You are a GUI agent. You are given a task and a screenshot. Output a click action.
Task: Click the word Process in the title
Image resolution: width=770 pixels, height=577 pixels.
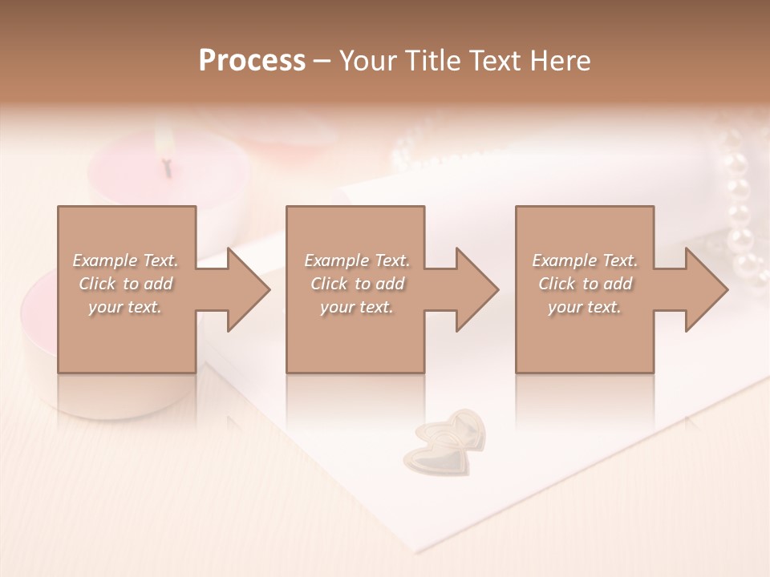tap(252, 60)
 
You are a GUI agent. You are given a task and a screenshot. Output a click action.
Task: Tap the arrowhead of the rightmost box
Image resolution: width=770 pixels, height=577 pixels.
tap(705, 289)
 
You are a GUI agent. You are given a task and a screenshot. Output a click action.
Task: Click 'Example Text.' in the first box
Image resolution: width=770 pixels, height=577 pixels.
tap(125, 260)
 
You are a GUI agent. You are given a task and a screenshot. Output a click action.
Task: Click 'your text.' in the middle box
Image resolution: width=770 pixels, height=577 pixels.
tap(356, 307)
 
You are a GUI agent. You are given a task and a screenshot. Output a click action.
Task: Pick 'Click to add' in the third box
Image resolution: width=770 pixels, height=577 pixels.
tap(585, 284)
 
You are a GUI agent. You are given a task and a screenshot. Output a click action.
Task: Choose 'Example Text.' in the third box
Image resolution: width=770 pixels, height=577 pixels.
tap(585, 260)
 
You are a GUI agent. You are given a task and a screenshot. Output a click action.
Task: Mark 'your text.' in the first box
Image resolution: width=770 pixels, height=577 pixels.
tap(125, 307)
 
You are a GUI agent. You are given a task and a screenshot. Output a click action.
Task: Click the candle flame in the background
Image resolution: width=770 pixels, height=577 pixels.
tap(165, 144)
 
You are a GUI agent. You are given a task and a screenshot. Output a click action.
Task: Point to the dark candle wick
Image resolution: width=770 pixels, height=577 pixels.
tap(168, 168)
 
